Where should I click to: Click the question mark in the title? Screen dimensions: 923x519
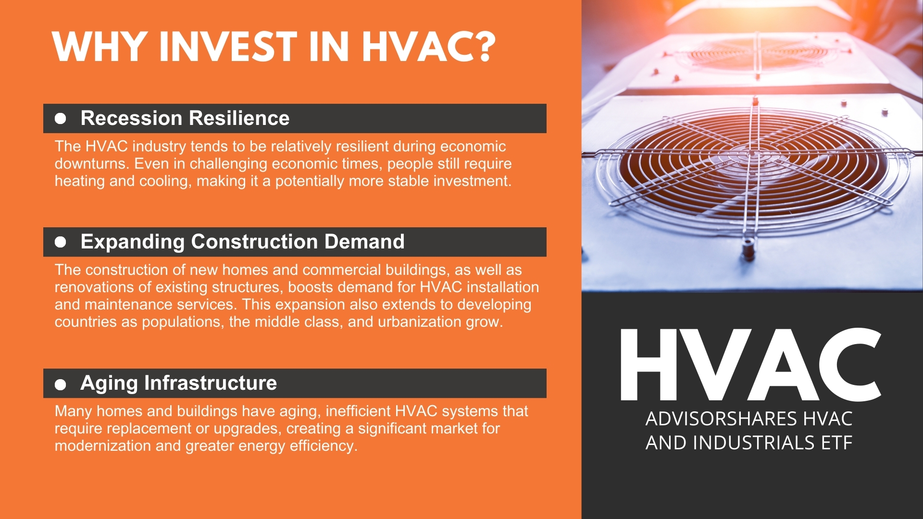pos(479,47)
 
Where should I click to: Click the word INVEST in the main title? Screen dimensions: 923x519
pos(228,47)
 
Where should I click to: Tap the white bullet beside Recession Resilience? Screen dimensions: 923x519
pos(60,118)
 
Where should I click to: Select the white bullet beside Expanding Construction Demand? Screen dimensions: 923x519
pos(60,242)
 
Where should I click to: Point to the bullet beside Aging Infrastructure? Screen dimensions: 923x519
pos(60,384)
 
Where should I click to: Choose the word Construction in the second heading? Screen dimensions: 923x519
pos(254,242)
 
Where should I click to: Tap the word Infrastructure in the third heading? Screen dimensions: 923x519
pos(211,383)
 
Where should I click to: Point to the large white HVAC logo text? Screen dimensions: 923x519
pos(750,364)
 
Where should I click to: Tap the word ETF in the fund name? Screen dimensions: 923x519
pos(837,443)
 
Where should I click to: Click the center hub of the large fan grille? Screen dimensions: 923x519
pos(751,153)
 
